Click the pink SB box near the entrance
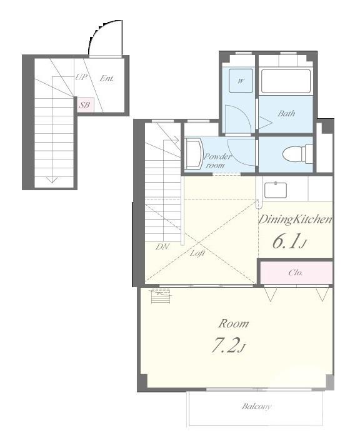pyautogui.click(x=85, y=105)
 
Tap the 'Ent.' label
pyautogui.click(x=107, y=78)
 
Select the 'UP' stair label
pyautogui.click(x=81, y=77)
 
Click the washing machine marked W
pyautogui.click(x=241, y=81)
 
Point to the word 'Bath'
pyautogui.click(x=286, y=113)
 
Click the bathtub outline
pyautogui.click(x=286, y=81)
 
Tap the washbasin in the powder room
pyautogui.click(x=194, y=155)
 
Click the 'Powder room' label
pyautogui.click(x=218, y=161)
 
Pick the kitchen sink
pyautogui.click(x=275, y=190)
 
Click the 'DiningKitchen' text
pyautogui.click(x=295, y=220)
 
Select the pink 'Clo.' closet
pyautogui.click(x=296, y=273)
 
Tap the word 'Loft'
pyautogui.click(x=197, y=253)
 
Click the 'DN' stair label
pyautogui.click(x=162, y=247)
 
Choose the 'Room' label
pyautogui.click(x=234, y=323)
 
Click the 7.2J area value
pyautogui.click(x=228, y=345)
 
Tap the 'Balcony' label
pyautogui.click(x=256, y=406)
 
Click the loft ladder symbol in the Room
pyautogui.click(x=161, y=296)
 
